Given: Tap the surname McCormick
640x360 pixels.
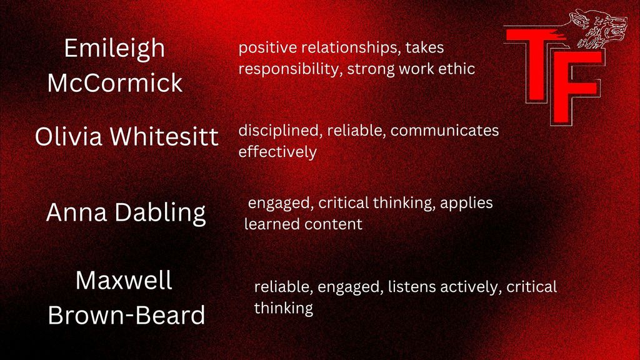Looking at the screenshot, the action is (115, 83).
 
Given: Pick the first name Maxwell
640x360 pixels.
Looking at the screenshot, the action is (124, 281).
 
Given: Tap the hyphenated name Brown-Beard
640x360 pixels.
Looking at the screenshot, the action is (126, 315).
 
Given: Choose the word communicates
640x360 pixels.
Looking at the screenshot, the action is (444, 131).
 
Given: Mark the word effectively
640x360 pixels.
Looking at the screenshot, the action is (277, 152).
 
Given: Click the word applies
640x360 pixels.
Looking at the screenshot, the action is (466, 203).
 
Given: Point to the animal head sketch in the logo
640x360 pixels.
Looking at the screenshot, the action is (599, 29).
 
